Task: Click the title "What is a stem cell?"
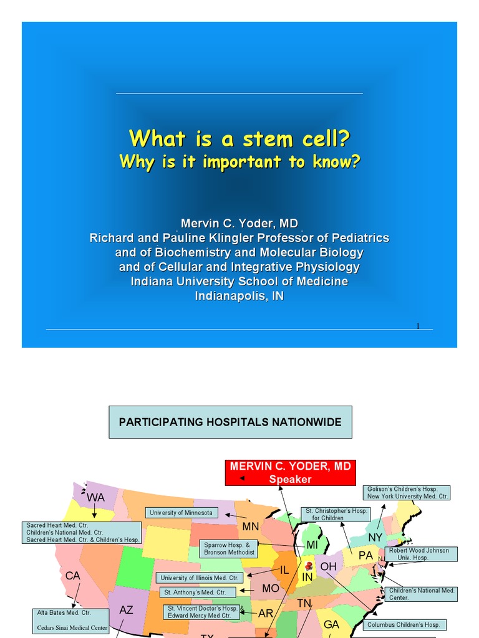tap(239, 138)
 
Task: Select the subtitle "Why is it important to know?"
tap(239, 162)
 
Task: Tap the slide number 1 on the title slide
tap(418, 325)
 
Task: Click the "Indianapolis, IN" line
tap(239, 296)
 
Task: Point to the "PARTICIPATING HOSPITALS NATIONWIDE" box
tap(230, 422)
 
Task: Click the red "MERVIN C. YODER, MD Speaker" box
tap(290, 473)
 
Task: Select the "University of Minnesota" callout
tap(181, 513)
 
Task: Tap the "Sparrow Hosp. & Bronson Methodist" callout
tap(229, 548)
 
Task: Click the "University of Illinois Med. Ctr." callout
tap(199, 578)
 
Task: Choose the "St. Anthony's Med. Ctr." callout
tap(198, 592)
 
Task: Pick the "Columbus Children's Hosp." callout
tap(403, 624)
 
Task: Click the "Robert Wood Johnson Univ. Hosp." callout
tap(421, 554)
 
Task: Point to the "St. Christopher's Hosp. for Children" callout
tap(335, 514)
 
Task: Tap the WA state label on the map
tap(95, 498)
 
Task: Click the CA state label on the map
tap(73, 576)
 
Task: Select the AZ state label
tap(126, 610)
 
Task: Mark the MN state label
tap(250, 526)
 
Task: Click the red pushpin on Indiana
tap(307, 566)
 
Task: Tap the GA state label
tap(331, 624)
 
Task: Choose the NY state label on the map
tap(375, 537)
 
